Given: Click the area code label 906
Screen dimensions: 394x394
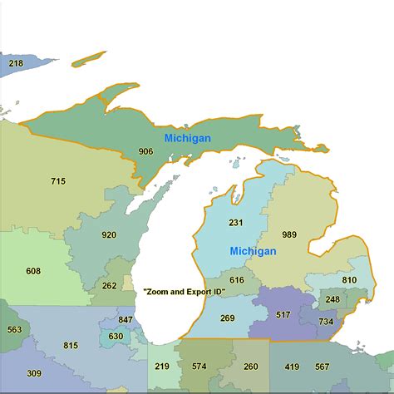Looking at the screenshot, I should click(x=145, y=151).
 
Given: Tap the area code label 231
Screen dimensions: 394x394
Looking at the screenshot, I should click(x=235, y=223).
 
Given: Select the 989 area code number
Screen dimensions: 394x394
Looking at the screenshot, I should click(x=288, y=234).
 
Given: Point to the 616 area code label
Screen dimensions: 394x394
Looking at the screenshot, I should click(x=237, y=280).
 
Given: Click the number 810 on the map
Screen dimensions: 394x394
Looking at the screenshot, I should click(x=349, y=280).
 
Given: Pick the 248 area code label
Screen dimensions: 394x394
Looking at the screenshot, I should click(x=332, y=299).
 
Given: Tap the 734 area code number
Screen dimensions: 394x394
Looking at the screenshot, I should click(x=326, y=322).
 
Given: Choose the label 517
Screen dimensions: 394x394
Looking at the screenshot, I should click(x=283, y=315).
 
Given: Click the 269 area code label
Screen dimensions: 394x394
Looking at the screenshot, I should click(x=228, y=318).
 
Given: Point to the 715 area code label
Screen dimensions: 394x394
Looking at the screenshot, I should click(x=57, y=181).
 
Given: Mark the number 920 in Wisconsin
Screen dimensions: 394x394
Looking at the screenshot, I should click(x=109, y=235).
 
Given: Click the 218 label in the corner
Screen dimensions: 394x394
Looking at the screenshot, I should click(x=16, y=63).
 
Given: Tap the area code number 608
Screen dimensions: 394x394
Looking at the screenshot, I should click(x=33, y=271).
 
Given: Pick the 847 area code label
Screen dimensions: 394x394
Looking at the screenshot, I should click(x=126, y=320).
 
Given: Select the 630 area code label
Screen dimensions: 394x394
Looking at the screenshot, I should click(x=116, y=337).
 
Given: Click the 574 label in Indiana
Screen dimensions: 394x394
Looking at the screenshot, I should click(x=199, y=367).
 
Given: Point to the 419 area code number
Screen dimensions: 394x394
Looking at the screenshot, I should click(x=292, y=367).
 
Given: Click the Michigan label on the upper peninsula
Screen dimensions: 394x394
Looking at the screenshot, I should click(x=187, y=138).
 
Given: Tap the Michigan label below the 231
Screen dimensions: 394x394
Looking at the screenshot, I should click(x=254, y=251).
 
